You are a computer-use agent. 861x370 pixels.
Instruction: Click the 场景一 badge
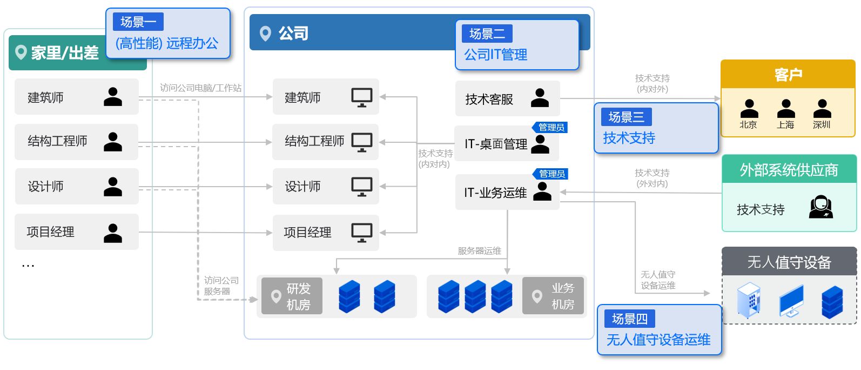[138, 22]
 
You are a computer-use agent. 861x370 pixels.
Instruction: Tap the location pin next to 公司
[265, 34]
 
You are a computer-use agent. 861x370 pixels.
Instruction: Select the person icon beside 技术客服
[540, 98]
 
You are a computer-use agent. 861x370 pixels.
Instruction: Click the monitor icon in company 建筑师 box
[362, 97]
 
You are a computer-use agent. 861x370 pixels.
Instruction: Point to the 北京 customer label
[748, 125]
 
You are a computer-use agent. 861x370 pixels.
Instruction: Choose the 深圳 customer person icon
[822, 109]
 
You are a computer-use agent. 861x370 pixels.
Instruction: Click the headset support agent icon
[821, 207]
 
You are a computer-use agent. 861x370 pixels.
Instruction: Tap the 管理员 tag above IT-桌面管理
[550, 127]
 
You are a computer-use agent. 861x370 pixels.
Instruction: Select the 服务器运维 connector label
[479, 251]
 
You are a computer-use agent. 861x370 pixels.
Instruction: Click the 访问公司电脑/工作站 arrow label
[200, 88]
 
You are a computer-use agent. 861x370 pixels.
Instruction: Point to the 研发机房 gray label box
[292, 296]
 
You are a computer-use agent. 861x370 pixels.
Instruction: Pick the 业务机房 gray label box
[553, 296]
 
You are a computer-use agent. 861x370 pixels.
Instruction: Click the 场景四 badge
[630, 319]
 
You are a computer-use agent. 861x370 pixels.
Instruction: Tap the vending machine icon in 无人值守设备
[748, 300]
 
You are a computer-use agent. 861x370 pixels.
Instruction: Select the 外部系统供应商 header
[789, 169]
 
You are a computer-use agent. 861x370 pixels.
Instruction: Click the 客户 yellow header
[788, 74]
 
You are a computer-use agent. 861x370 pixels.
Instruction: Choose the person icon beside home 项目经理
[113, 233]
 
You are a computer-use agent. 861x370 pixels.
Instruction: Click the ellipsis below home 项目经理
[28, 265]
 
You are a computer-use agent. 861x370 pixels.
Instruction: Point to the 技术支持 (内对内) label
[435, 158]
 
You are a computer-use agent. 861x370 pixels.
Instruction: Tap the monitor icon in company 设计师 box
[362, 187]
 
